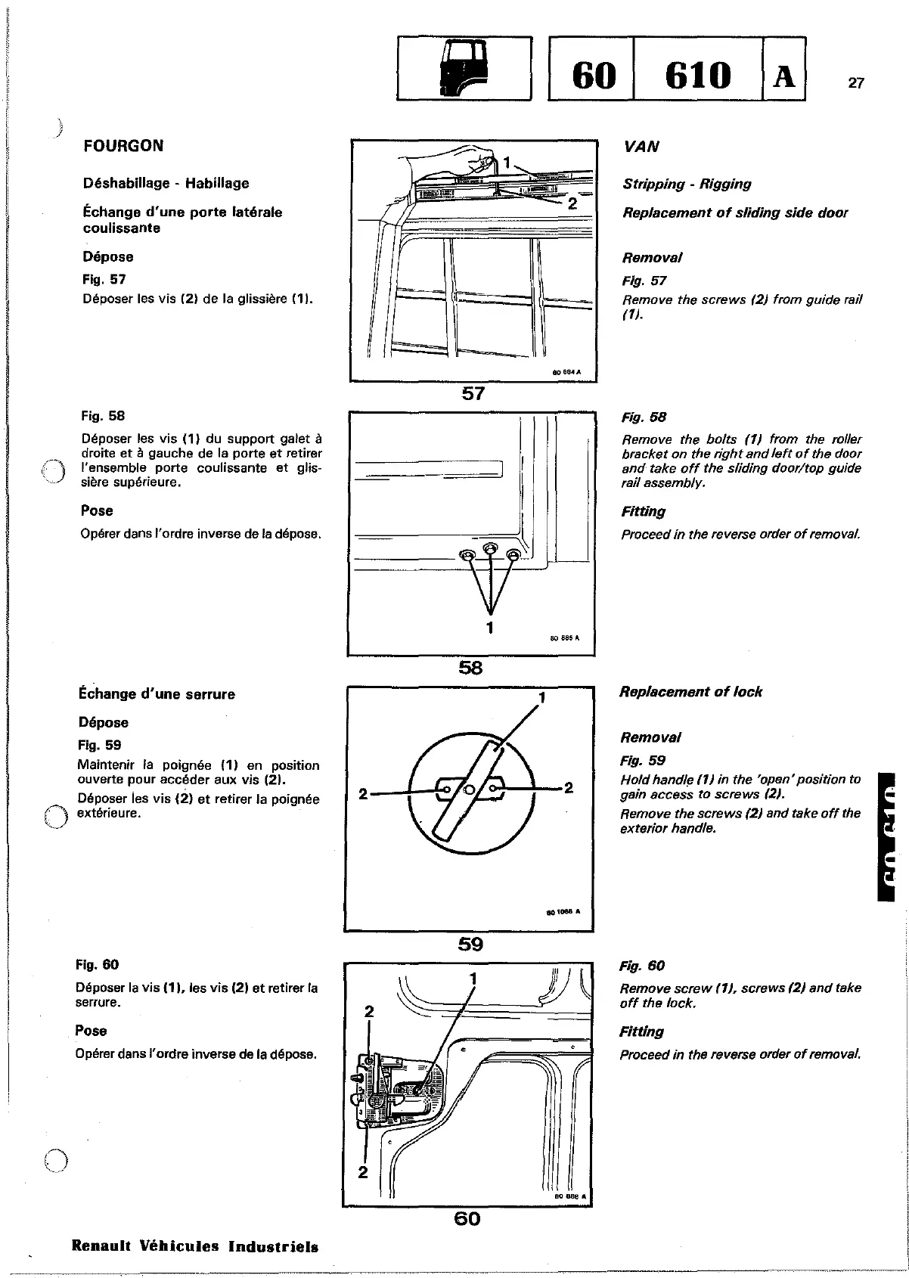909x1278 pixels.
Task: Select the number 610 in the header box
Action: (696, 74)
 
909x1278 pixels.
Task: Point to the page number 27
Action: (855, 84)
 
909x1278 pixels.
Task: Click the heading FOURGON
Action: (123, 146)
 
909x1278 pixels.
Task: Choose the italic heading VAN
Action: (641, 147)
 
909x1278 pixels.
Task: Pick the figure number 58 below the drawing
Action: (470, 667)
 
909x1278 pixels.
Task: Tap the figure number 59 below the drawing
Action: (470, 944)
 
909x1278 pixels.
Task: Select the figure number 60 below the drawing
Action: (467, 1218)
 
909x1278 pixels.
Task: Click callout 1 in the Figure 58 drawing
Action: (490, 627)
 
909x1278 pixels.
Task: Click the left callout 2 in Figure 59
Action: (363, 794)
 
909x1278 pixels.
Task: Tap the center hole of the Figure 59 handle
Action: (468, 791)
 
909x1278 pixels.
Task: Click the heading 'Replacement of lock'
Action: (690, 692)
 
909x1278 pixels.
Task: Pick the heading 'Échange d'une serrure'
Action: (157, 694)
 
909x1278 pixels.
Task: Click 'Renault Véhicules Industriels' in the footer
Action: (194, 1246)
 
